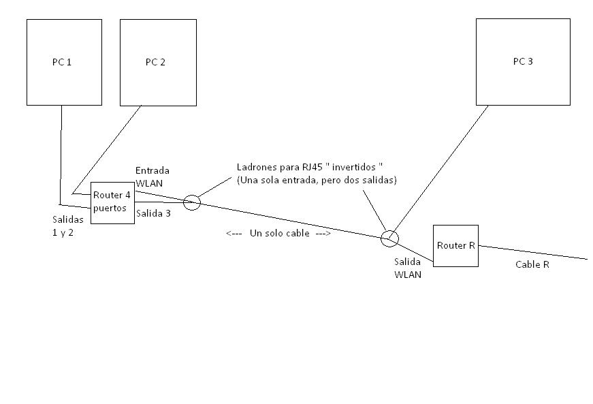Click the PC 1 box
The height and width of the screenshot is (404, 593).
pyautogui.click(x=64, y=62)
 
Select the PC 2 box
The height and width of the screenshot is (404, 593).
pyautogui.click(x=158, y=62)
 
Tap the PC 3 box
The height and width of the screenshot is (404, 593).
pyautogui.click(x=522, y=61)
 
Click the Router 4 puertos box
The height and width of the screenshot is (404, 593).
pyautogui.click(x=113, y=202)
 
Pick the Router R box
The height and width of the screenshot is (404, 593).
pyautogui.click(x=455, y=245)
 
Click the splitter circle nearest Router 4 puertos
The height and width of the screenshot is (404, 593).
pyautogui.click(x=192, y=202)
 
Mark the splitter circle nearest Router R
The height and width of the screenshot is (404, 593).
pyautogui.click(x=389, y=238)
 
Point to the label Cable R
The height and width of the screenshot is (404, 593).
pyautogui.click(x=532, y=265)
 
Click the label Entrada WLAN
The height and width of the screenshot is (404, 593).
pyautogui.click(x=152, y=176)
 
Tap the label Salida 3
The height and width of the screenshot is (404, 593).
pyautogui.click(x=153, y=214)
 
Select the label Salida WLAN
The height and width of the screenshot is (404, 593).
pyautogui.click(x=408, y=268)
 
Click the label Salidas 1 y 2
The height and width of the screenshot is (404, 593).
pyautogui.click(x=67, y=226)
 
